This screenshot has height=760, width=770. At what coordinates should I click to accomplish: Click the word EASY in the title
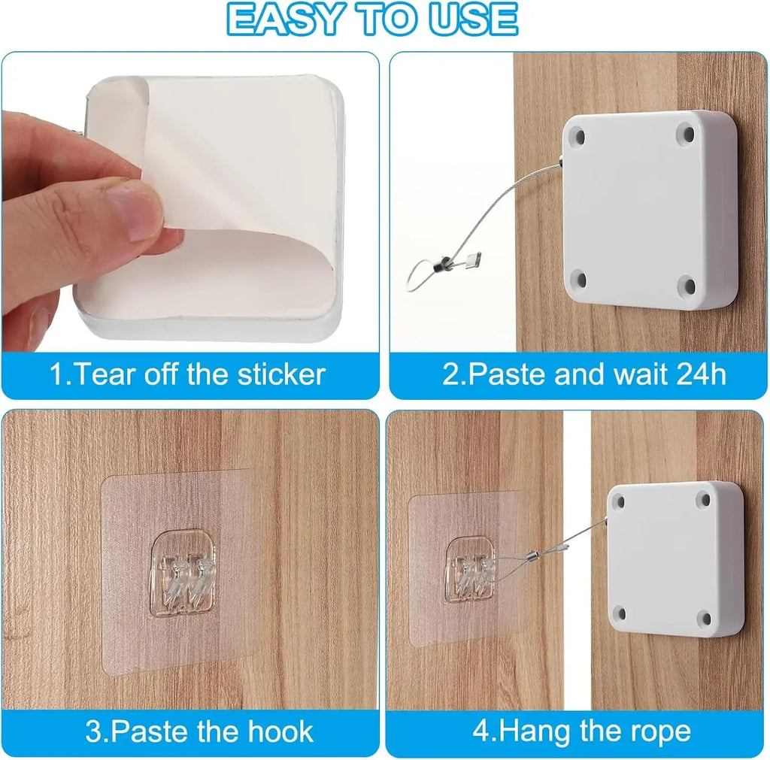coord(283,19)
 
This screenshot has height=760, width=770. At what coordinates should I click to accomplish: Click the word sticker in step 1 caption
coord(281,374)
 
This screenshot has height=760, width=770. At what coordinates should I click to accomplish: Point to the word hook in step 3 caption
coord(280,731)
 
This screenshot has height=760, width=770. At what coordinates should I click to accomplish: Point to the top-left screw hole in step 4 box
coord(620,501)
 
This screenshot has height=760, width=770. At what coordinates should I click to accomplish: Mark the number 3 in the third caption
coord(93,731)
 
